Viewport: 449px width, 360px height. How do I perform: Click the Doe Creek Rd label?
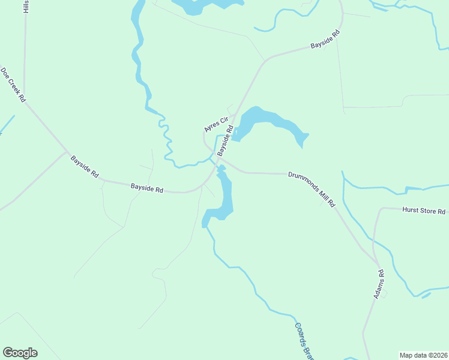point(14,85)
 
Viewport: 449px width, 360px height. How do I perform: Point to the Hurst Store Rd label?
point(424,211)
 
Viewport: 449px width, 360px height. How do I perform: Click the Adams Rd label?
point(379,284)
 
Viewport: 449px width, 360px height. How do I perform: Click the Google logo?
point(20,352)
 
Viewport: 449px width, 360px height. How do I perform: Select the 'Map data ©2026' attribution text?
point(423,355)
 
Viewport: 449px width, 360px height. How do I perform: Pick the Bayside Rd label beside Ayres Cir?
point(225,140)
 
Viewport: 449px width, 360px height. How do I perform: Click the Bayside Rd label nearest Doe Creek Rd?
point(85,167)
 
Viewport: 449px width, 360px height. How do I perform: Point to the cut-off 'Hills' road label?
point(26,7)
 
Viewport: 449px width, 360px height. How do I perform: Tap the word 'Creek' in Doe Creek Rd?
point(14,85)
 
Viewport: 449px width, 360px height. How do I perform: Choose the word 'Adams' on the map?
point(378,288)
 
